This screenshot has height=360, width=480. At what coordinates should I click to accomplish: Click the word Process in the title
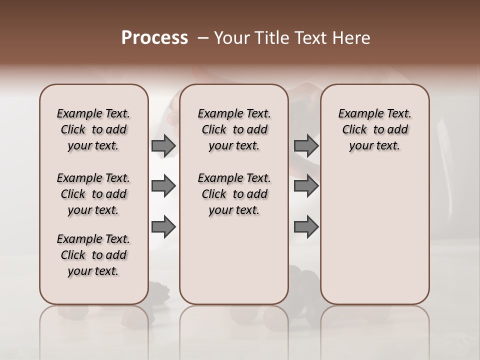click(154, 38)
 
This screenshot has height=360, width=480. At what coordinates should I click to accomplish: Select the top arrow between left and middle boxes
click(163, 146)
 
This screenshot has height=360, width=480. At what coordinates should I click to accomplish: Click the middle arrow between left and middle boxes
click(163, 186)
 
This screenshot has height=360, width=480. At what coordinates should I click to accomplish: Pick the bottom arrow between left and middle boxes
click(163, 227)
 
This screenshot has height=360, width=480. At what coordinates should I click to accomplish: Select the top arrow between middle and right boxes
click(306, 146)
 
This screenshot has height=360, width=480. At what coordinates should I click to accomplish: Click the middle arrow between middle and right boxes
click(306, 186)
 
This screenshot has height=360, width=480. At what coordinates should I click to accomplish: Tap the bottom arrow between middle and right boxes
click(306, 227)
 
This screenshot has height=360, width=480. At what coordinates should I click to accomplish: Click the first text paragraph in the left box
click(93, 129)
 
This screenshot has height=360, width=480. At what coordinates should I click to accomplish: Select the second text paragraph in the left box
click(93, 194)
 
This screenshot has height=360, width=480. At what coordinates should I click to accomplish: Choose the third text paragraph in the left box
click(93, 255)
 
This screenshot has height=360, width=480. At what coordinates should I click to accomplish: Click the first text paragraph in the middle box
click(234, 129)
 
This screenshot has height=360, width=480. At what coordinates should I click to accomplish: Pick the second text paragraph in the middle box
click(234, 194)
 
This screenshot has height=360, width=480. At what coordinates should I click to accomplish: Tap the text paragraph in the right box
click(374, 129)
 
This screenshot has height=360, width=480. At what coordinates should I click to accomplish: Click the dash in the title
click(203, 38)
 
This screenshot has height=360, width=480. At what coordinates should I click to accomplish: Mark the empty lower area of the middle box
click(234, 260)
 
